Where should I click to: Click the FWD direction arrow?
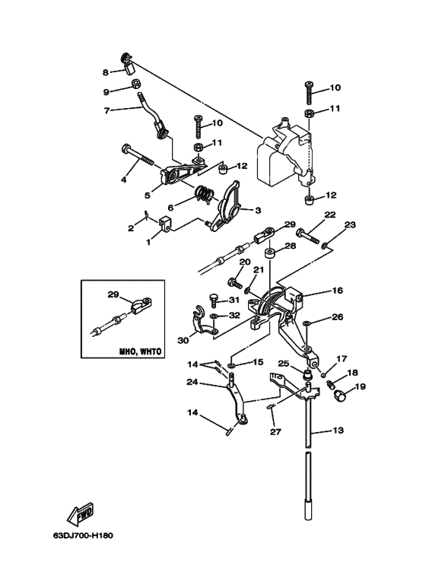tap(80, 513)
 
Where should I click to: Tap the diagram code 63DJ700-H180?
tap(83, 535)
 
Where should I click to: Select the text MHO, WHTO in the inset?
tap(140, 351)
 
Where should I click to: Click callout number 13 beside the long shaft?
tap(338, 430)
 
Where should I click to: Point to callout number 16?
tap(338, 291)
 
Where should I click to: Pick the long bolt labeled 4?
tap(137, 154)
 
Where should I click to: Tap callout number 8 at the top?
tap(106, 72)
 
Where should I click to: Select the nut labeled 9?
tap(136, 84)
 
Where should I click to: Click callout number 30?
tap(183, 341)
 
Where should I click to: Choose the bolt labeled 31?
tap(213, 300)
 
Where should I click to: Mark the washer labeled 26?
tap(307, 322)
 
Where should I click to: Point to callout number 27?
tap(275, 432)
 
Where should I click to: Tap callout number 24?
tap(192, 383)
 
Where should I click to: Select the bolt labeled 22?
tap(307, 236)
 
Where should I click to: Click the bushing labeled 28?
tap(270, 253)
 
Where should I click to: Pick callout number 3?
tap(258, 211)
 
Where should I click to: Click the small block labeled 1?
tap(164, 225)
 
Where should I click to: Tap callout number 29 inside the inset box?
tap(113, 294)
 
